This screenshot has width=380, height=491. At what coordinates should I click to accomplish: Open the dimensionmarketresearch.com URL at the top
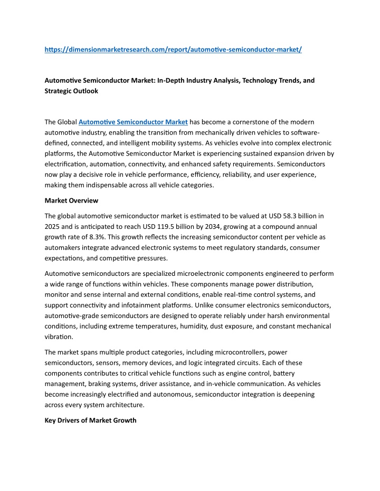click(173, 50)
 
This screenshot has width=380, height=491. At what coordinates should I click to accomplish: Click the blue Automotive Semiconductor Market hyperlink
click(133, 122)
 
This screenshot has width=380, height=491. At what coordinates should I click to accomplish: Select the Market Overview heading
click(71, 200)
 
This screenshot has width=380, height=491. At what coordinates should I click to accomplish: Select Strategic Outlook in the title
click(71, 91)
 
